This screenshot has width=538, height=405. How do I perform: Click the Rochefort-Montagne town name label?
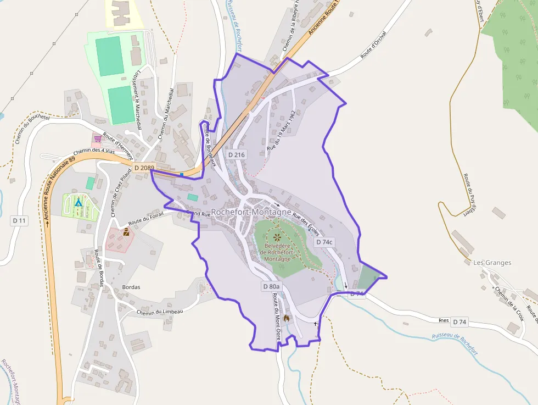(x=251, y=212)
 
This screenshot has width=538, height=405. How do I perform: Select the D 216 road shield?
(x=236, y=154)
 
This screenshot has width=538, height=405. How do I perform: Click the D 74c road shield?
(x=324, y=242)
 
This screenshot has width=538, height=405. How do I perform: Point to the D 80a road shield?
(x=271, y=286)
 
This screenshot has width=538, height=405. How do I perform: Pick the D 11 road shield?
(x=19, y=220)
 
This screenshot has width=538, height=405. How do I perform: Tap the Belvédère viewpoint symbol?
(x=277, y=237)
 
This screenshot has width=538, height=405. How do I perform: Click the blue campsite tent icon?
(x=78, y=202)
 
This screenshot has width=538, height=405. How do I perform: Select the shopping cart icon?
(x=97, y=138)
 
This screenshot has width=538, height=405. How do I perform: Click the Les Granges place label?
(x=492, y=263)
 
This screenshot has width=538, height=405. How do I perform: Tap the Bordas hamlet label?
(x=131, y=287)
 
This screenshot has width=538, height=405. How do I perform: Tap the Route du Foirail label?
(x=147, y=217)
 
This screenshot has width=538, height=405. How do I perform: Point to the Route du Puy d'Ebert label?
(x=469, y=196)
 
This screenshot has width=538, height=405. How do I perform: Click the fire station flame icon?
(x=287, y=318)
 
